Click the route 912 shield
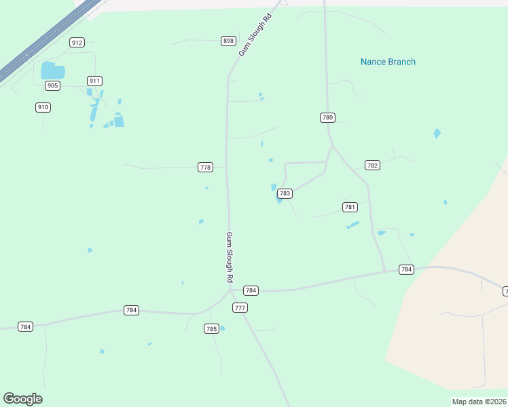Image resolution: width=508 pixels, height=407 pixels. click(77, 42)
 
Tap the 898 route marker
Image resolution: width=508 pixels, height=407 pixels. click(228, 41)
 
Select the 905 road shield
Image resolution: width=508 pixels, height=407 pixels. click(53, 85)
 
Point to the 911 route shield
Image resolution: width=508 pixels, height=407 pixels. click(94, 81)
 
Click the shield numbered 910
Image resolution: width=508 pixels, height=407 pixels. click(43, 107)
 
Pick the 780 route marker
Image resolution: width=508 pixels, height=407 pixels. click(327, 117)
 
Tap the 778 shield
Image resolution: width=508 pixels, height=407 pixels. click(206, 167)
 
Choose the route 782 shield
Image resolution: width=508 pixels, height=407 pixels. click(372, 165)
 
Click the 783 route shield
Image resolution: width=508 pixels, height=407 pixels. click(285, 193)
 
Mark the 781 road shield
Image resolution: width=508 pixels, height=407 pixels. click(350, 207)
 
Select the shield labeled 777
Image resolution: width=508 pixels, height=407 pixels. click(240, 307)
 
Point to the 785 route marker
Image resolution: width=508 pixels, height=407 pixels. click(211, 329)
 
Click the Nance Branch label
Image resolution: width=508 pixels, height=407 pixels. click(388, 62)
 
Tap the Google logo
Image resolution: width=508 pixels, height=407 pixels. click(22, 399)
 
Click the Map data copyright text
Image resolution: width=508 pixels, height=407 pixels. click(479, 402)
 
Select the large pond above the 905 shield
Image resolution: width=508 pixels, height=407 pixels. click(52, 71)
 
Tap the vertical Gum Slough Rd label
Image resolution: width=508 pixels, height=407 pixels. click(230, 258)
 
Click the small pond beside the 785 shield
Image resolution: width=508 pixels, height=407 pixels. click(222, 328)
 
